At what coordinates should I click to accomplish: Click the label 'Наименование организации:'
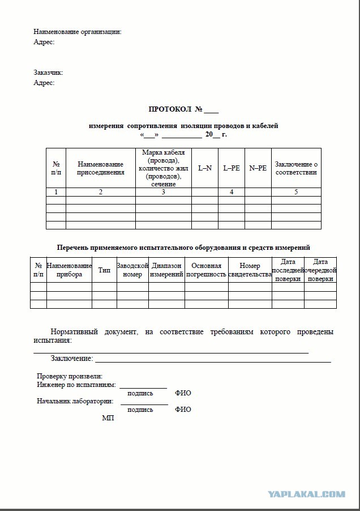[x=78, y=32]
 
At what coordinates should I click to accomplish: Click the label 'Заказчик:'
[x=49, y=73]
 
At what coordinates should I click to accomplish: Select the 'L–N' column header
[x=204, y=168]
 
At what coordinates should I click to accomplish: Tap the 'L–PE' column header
[x=232, y=168]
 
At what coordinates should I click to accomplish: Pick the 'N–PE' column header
[x=258, y=168]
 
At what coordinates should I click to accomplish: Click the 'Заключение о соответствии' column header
[x=296, y=168]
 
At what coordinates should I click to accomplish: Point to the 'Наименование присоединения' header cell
[x=101, y=168]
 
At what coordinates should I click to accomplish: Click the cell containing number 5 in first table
[x=296, y=192]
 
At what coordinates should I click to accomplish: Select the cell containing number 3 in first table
[x=163, y=192]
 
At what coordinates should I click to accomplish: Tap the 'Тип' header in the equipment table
[x=104, y=270]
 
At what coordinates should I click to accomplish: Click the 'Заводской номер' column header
[x=132, y=270]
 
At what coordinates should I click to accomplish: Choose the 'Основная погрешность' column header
[x=207, y=270]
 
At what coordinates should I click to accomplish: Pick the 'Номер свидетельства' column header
[x=250, y=270]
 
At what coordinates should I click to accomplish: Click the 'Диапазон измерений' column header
[x=166, y=270]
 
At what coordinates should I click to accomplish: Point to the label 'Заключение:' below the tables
[x=72, y=359]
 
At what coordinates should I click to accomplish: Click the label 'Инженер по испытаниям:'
[x=76, y=385]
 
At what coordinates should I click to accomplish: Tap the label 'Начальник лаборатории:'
[x=75, y=401]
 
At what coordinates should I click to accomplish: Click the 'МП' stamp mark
[x=108, y=418]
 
